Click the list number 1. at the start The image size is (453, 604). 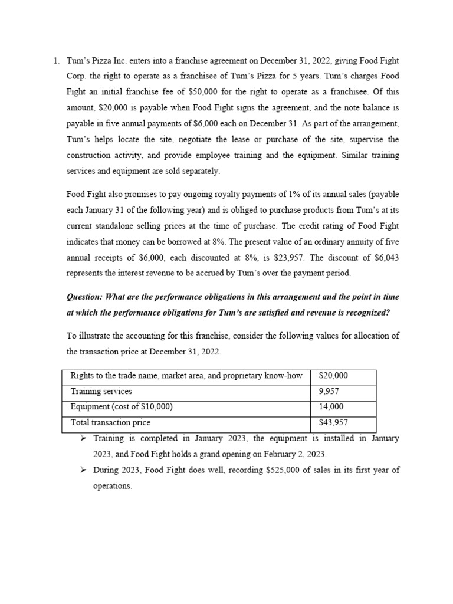tap(56, 61)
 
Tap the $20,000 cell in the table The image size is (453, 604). tap(333, 375)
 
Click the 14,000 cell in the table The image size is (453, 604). tap(331, 407)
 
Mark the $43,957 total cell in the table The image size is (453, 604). tap(333, 422)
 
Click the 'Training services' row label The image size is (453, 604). tap(101, 391)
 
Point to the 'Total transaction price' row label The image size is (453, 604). tap(110, 422)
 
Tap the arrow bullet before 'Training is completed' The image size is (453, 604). tap(84, 439)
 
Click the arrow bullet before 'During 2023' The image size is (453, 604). tap(84, 470)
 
